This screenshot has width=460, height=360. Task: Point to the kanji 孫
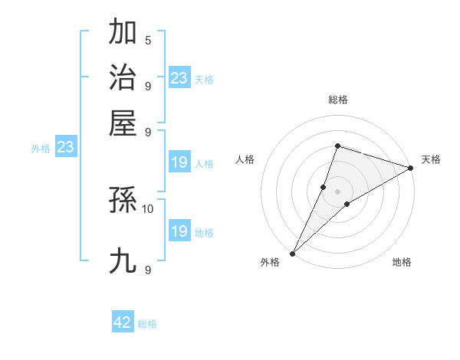click(123, 201)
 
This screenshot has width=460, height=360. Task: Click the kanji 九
click(123, 261)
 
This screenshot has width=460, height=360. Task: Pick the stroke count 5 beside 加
click(148, 40)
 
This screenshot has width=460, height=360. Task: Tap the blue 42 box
click(123, 322)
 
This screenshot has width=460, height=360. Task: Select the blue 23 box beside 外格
click(65, 148)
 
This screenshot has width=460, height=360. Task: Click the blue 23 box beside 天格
click(179, 77)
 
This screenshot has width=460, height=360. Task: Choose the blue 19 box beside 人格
click(179, 162)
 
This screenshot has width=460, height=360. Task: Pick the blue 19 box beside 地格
click(179, 231)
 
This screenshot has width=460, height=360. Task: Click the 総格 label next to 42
click(147, 324)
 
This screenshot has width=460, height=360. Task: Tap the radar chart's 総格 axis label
click(338, 100)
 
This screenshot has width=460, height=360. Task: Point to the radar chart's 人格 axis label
click(245, 159)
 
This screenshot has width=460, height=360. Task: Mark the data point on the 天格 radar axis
click(411, 169)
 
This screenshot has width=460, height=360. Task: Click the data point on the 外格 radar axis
click(293, 253)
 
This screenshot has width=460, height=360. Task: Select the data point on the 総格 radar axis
click(337, 146)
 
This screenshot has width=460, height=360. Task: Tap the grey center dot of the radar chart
click(338, 191)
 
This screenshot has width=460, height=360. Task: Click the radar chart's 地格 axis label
click(402, 263)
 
